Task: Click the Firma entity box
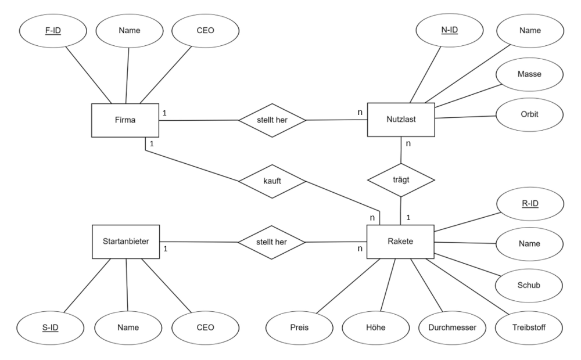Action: [x=125, y=120]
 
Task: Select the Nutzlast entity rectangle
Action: [x=401, y=120]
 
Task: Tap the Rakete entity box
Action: [x=400, y=242]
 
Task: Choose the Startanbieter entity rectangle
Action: [x=126, y=242]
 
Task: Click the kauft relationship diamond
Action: [x=272, y=181]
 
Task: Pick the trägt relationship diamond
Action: [x=401, y=180]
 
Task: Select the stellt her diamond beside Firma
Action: [x=272, y=120]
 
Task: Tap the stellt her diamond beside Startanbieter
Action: [x=271, y=242]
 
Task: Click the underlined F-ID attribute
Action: [x=53, y=31]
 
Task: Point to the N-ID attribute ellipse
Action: [x=450, y=30]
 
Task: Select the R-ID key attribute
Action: [x=530, y=204]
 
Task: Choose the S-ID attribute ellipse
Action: [x=51, y=328]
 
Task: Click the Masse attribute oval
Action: [x=529, y=74]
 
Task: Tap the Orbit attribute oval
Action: [x=529, y=114]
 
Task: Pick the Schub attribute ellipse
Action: [x=529, y=285]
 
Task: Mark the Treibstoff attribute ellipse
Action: [x=529, y=328]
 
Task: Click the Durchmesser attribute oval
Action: [x=452, y=328]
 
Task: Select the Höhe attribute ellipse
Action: [x=376, y=328]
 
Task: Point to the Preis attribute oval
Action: [x=299, y=328]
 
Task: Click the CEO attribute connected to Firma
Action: [x=205, y=31]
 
